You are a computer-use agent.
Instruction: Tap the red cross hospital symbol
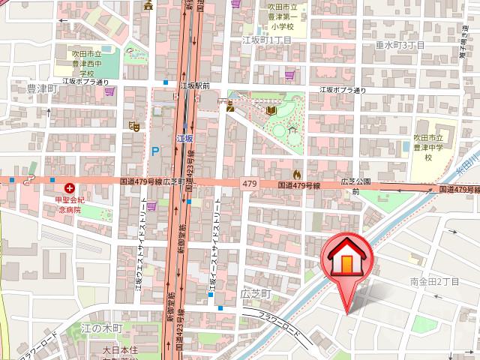coord(70,188)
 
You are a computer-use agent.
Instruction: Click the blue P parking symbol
coord(155,151)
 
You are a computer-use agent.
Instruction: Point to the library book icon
coord(271,112)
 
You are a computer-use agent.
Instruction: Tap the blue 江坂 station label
coord(184,139)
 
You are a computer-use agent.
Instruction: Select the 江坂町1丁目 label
coord(265,40)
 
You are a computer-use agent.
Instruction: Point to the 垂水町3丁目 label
coord(400,46)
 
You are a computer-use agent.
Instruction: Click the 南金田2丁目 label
coord(434,281)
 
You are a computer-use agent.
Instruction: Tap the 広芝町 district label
coord(254,295)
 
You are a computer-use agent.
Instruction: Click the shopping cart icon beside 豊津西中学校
coord(110,91)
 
